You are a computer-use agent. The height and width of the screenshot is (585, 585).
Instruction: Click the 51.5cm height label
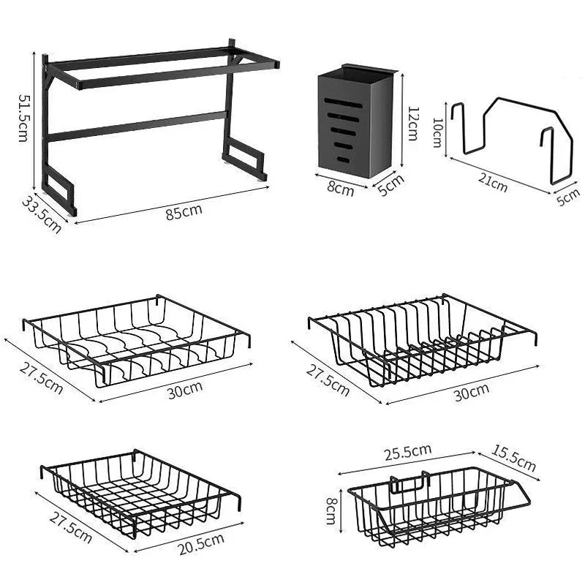[x=23, y=118]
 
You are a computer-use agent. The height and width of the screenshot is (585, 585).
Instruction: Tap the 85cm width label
[x=184, y=213]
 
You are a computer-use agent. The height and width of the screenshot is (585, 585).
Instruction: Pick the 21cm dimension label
[x=494, y=186]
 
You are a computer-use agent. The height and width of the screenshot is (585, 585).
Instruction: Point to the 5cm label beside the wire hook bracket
[x=568, y=197]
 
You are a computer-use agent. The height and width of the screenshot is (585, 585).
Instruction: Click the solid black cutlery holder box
[x=355, y=121]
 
